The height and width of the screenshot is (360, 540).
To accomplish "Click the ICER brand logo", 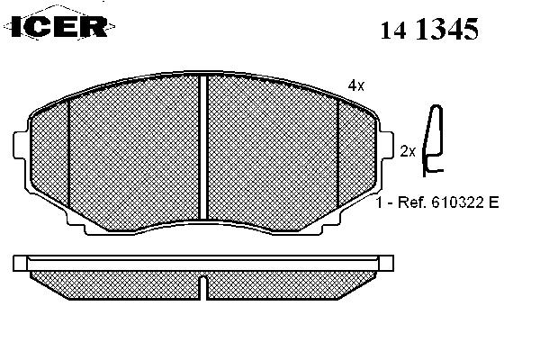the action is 59,26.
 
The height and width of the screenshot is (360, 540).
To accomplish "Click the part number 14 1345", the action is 429,29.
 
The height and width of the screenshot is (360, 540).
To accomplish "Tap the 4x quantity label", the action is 355,85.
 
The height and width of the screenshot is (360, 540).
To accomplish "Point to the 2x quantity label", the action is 408,151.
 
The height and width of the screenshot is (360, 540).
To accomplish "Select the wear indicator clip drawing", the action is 433,140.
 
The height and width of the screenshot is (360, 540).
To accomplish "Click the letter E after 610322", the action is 493,202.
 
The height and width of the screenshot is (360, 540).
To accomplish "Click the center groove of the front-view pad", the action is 203,148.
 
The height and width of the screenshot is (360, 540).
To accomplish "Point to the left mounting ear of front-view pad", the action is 20,145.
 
